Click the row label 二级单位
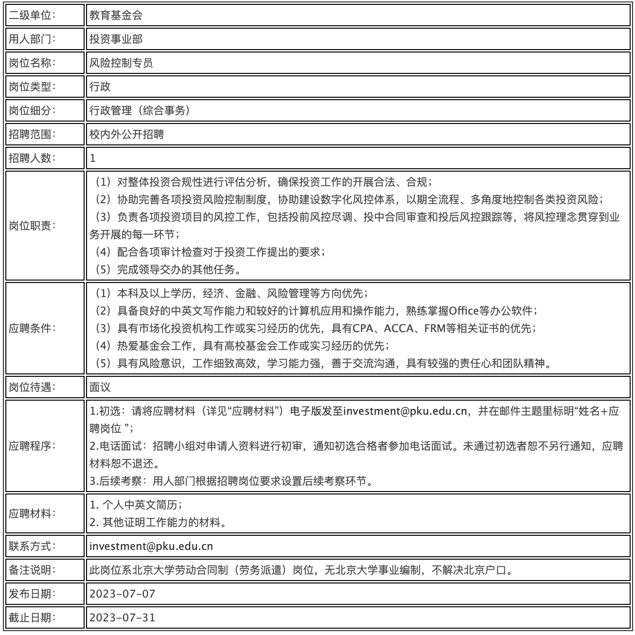point(32,15)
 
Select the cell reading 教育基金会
point(116,15)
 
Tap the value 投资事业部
point(116,39)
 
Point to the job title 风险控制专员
point(121,63)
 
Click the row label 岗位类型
point(32,87)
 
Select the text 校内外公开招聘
point(126,134)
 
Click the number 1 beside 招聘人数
point(93,158)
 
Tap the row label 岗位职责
point(32,226)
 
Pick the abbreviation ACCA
point(399,328)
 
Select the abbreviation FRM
point(435,328)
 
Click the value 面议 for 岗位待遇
point(100,387)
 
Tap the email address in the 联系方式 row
point(151,546)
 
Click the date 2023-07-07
point(123,594)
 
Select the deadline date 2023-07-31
point(123,617)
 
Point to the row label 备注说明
point(32,570)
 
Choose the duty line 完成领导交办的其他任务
point(179,269)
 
